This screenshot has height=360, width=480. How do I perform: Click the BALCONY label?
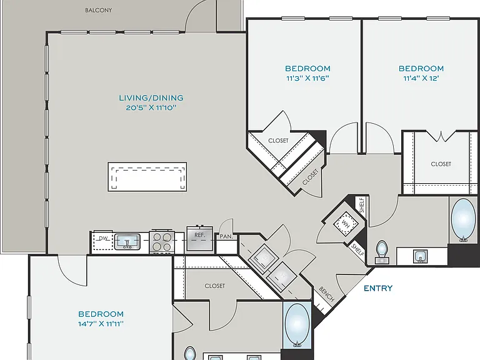pos(98,10)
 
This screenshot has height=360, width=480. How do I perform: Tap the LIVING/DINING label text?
pos(151,98)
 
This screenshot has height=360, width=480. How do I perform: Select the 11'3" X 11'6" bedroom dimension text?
pos(307,78)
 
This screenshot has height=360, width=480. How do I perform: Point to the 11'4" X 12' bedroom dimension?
pos(421,78)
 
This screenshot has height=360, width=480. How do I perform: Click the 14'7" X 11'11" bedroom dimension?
pos(101,324)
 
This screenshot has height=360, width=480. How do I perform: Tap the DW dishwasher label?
pos(103,238)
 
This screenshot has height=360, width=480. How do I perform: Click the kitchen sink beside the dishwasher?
pos(127,242)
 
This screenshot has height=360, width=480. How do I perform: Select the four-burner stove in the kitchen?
pos(162,242)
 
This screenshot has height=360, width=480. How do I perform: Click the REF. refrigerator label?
pos(199,235)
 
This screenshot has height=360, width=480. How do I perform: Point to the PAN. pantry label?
pos(226,237)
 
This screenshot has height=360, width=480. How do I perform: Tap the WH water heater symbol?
pos(346,224)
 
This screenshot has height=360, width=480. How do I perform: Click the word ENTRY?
pos(378,288)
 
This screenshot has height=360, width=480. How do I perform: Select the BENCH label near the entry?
pos(326,294)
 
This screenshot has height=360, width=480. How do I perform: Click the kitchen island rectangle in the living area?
pos(147,177)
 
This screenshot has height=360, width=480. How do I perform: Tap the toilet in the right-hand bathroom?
pos(382,252)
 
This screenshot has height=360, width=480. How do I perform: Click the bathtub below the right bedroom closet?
pos(463,221)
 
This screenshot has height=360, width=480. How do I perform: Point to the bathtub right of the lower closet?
pos(297,325)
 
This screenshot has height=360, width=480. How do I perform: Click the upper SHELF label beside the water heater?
pos(362,206)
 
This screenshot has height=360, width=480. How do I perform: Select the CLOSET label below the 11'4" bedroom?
pos(441,164)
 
